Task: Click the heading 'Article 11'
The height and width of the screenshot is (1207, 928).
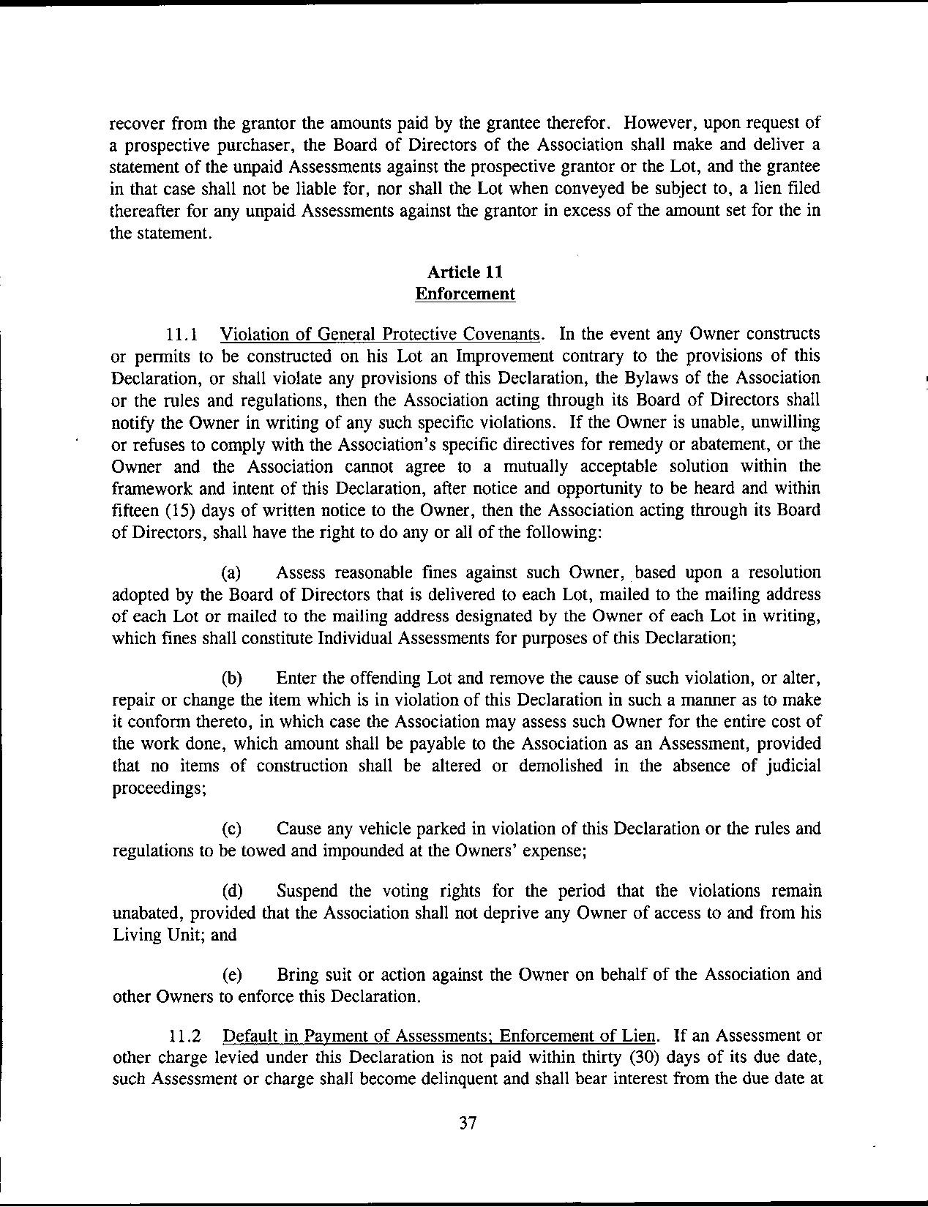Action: (x=465, y=272)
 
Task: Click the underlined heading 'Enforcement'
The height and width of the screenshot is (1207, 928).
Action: (x=465, y=294)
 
